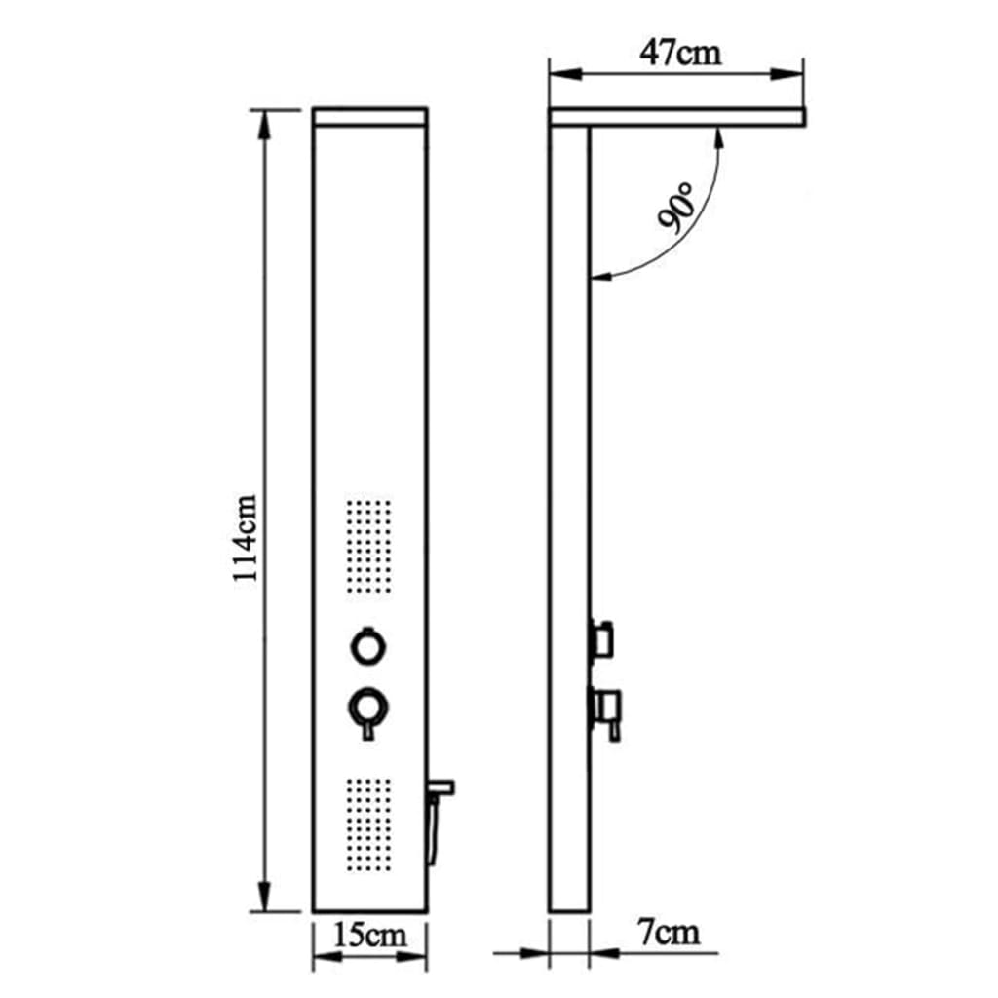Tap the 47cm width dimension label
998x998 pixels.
pyautogui.click(x=681, y=52)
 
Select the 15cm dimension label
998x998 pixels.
pyautogui.click(x=369, y=936)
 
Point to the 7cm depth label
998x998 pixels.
pyautogui.click(x=669, y=933)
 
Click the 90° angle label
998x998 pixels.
pyautogui.click(x=674, y=207)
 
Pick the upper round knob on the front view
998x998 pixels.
pyautogui.click(x=369, y=646)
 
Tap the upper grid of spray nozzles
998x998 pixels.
pyautogui.click(x=368, y=548)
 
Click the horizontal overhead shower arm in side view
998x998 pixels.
pyautogui.click(x=677, y=117)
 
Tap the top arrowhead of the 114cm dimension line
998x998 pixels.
pyautogui.click(x=263, y=119)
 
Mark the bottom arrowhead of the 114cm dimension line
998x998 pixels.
pyautogui.click(x=263, y=902)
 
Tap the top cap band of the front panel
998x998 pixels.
pyautogui.click(x=369, y=116)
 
